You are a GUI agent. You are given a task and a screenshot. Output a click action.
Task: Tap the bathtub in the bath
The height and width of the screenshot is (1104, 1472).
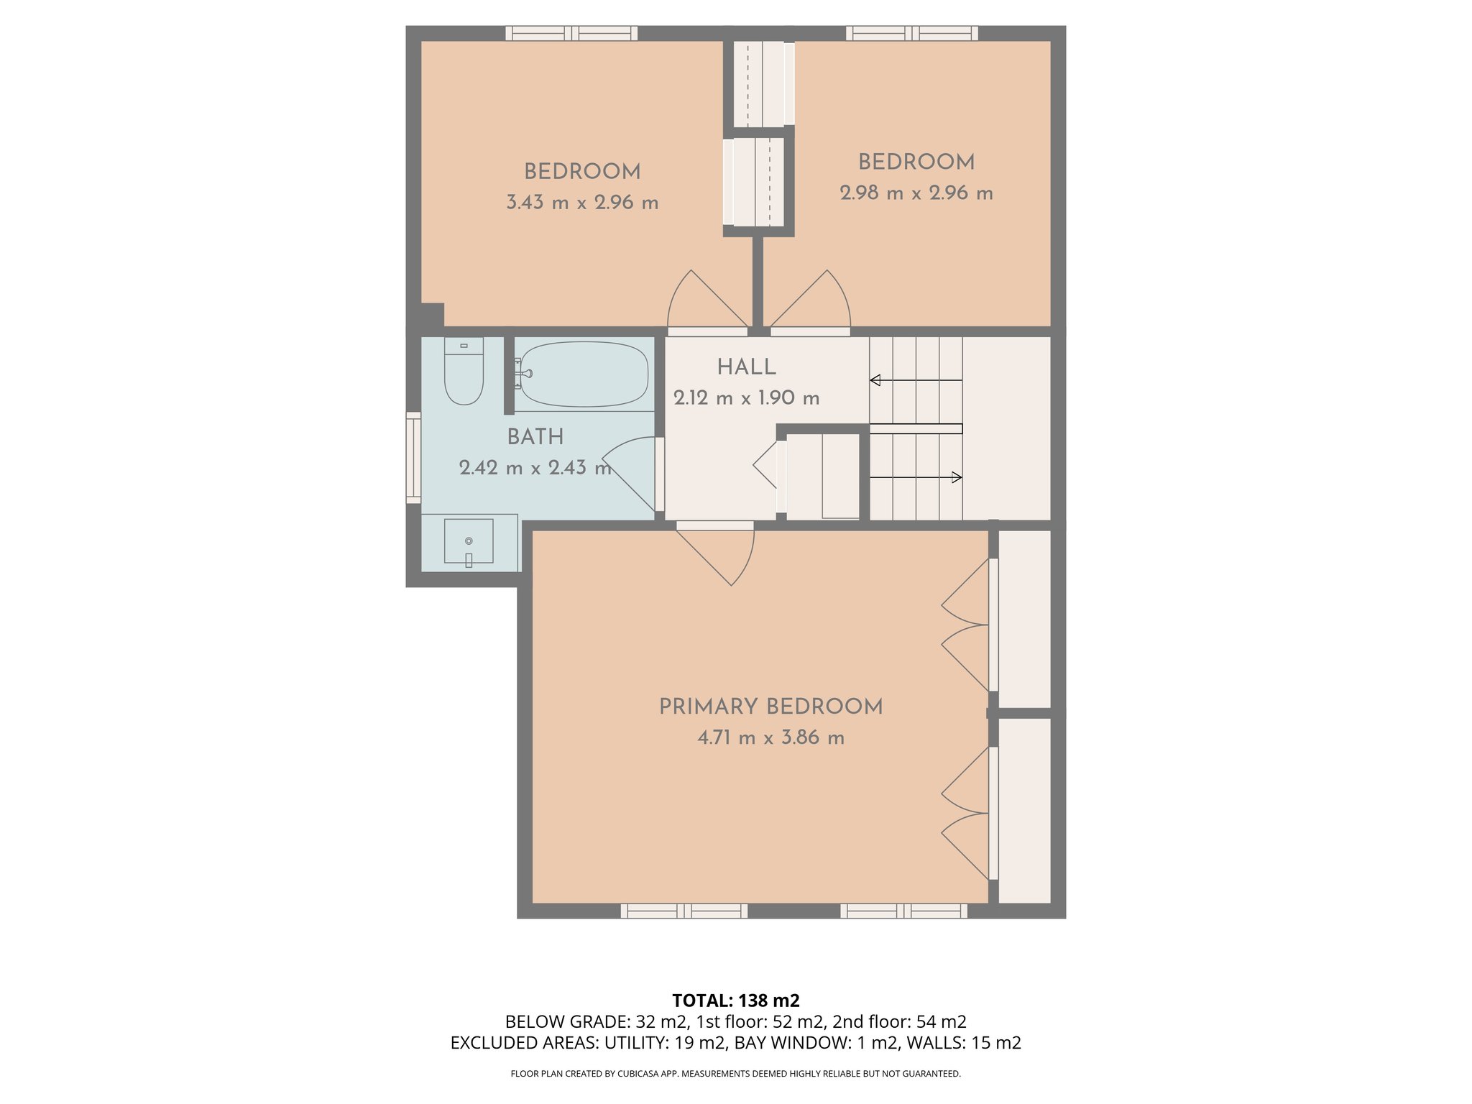(x=584, y=374)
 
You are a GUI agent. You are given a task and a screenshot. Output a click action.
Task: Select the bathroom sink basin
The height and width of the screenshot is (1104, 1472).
(x=469, y=541)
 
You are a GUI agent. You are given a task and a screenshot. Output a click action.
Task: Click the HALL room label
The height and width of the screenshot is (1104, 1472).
(x=746, y=367)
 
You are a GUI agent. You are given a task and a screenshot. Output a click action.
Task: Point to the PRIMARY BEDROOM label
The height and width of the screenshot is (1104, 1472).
(x=770, y=707)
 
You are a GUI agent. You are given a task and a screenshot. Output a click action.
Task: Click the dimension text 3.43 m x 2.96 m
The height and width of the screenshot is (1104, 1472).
(x=582, y=203)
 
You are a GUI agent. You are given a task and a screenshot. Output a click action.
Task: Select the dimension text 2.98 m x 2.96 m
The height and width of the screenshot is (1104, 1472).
(x=916, y=193)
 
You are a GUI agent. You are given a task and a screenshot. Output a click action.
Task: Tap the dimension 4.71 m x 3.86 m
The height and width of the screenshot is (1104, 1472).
(x=770, y=738)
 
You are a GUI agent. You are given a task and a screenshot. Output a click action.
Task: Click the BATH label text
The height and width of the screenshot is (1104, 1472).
(x=535, y=437)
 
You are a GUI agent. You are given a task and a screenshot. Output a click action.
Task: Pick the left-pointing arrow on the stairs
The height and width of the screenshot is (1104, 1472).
(x=875, y=380)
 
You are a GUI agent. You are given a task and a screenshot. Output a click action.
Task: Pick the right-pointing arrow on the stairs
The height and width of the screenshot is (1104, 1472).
(x=957, y=477)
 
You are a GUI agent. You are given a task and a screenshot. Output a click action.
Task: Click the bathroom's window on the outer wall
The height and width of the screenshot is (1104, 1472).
(x=413, y=457)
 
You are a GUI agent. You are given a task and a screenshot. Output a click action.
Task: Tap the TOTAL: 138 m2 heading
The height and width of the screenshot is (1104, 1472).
(x=735, y=1000)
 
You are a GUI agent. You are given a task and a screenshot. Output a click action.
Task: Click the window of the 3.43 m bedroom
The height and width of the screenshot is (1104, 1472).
(x=571, y=33)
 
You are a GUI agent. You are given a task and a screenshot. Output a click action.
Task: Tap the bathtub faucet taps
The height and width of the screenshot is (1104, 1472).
(x=523, y=374)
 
